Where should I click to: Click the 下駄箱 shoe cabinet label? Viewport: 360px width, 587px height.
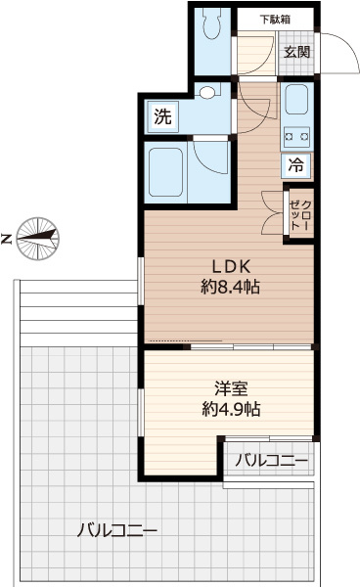coord(275,20)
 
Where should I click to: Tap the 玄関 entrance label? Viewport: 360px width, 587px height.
coord(296,52)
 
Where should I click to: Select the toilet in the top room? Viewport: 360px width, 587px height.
coord(212,23)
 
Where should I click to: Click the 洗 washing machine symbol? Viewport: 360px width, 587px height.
coord(163,116)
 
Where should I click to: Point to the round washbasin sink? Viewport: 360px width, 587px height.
coord(207,93)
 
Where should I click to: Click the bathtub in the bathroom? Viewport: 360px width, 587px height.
coord(165,172)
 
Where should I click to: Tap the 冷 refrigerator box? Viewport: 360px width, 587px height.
coord(295,165)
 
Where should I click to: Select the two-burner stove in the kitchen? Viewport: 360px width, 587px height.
coord(296,137)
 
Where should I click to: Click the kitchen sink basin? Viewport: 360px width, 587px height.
coord(296,99)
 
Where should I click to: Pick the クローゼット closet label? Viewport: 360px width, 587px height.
coord(300,214)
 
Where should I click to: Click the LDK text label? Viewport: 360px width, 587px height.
coord(231,266)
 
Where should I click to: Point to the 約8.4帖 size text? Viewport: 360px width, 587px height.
coord(231,287)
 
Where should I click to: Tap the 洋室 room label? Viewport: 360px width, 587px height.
coord(231,388)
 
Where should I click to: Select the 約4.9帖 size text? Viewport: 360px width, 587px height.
coord(231,409)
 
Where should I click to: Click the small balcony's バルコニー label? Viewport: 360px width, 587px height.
coord(271,460)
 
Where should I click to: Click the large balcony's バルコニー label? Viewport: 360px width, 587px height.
coord(117,530)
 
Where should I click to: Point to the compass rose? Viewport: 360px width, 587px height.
coord(38,239)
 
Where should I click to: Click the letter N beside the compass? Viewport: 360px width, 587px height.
coord(7,239)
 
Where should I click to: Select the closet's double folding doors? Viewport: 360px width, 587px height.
coord(272,213)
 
